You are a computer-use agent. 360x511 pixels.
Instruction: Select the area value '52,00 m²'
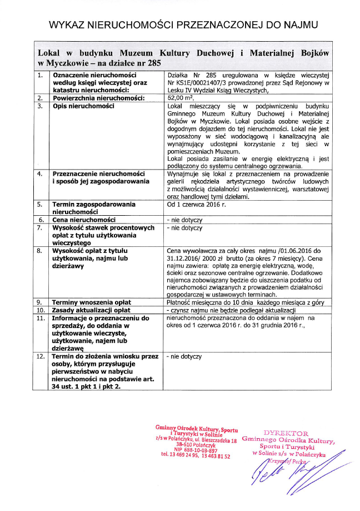(x=179, y=98)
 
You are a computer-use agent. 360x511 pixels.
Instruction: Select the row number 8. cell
(x=40, y=251)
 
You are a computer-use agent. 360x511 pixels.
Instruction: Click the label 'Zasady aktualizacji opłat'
(x=91, y=310)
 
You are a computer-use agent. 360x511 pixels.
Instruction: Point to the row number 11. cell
(x=41, y=317)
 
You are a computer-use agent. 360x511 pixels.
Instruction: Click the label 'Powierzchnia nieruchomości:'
(x=94, y=98)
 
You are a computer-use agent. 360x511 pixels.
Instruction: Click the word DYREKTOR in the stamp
(x=286, y=433)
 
